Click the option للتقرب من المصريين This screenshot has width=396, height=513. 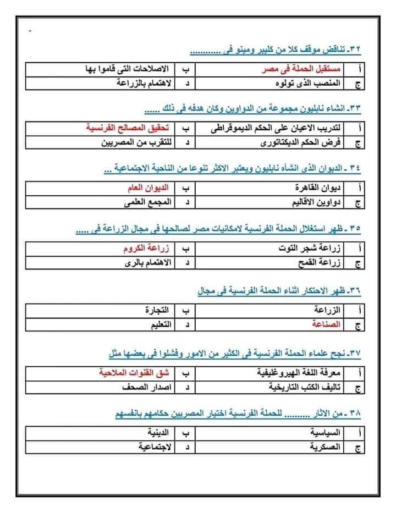pos(133,144)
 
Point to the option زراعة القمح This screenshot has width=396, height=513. pos(318,263)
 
